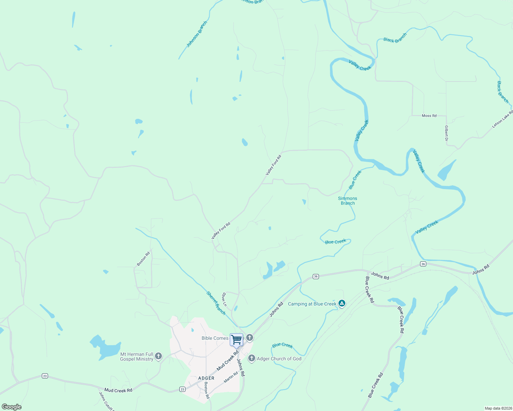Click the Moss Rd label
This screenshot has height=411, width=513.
point(429,116)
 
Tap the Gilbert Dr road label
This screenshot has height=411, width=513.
point(446,133)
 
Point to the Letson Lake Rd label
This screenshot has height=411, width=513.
point(502,119)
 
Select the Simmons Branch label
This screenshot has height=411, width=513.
point(347,201)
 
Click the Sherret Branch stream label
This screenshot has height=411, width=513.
point(216,303)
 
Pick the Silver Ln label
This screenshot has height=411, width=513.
point(224,299)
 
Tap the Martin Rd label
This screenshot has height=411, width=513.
point(231,377)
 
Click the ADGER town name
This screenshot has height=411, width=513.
point(206,378)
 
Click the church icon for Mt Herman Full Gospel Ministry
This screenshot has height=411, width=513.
point(158,356)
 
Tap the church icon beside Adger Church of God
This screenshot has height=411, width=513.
point(251,359)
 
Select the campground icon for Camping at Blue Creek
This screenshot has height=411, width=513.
point(342,303)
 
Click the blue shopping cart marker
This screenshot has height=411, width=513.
point(237,339)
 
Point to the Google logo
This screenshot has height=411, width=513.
point(12,407)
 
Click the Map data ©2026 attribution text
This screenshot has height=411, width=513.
point(498,408)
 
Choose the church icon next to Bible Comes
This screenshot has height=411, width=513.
point(250,338)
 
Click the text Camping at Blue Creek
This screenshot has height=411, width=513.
point(312,304)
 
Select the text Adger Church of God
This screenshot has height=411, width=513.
point(279,359)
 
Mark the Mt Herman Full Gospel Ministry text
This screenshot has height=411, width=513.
point(137,357)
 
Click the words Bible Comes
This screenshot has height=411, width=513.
point(215,338)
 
